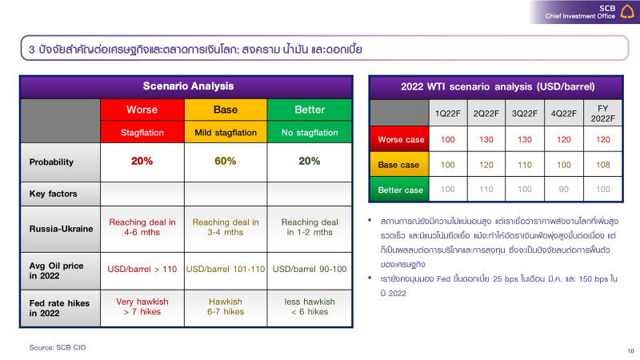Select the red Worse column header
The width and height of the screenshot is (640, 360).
coord(142,110)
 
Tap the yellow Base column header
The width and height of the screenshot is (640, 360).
coord(226,110)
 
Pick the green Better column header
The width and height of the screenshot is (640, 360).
coord(309,110)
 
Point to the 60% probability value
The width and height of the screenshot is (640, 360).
coord(226,162)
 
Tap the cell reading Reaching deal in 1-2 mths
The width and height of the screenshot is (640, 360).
coord(309,227)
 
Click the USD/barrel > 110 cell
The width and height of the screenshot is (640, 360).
coord(142,269)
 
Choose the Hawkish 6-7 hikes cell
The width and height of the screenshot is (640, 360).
coord(226,307)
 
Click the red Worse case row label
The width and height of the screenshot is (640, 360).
coord(401,140)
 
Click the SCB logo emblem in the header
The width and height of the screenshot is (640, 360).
coord(628,11)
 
